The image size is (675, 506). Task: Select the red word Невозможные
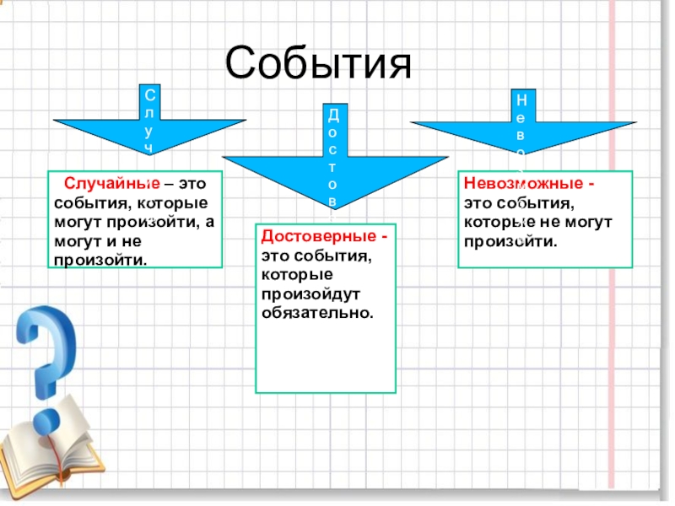point(523,182)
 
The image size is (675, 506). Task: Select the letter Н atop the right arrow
point(522,98)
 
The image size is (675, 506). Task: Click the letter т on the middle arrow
point(332,166)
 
